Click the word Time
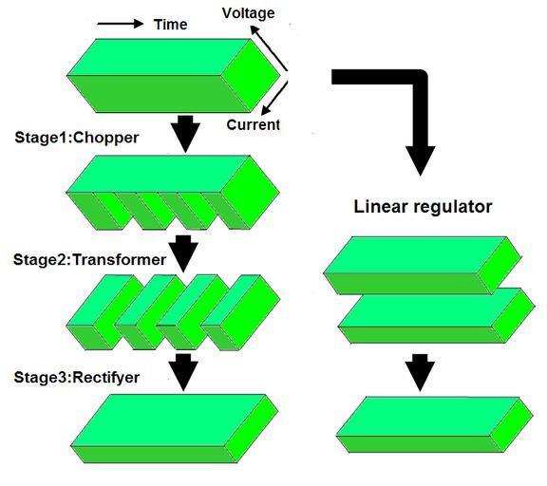171,25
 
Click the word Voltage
249,13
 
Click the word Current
253,124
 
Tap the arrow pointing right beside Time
121,24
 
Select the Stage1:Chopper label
77,138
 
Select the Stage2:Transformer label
89,260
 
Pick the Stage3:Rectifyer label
77,378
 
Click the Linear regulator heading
423,206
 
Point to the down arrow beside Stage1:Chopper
185,134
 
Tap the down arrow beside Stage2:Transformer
183,253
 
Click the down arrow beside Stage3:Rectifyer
183,372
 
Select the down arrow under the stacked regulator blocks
420,372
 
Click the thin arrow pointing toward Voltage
269,48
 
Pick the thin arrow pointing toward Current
274,98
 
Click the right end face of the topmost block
251,75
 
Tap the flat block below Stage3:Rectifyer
175,428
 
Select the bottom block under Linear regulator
434,424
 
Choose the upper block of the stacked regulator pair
423,266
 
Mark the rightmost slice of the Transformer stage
240,312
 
